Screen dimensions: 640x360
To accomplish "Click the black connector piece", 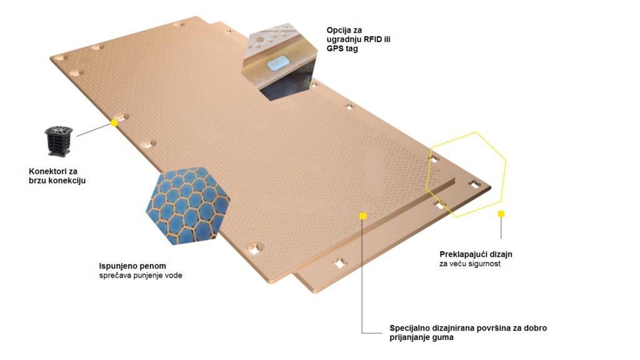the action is pyautogui.click(x=58, y=141).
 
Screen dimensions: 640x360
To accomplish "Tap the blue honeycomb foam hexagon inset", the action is pyautogui.click(x=188, y=206).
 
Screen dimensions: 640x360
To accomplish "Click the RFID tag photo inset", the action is pyautogui.click(x=279, y=62).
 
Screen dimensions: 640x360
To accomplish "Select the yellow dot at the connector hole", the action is pyautogui.click(x=114, y=122).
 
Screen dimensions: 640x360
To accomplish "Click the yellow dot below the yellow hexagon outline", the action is pyautogui.click(x=501, y=214).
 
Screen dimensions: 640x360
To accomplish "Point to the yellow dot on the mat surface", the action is pyautogui.click(x=363, y=216).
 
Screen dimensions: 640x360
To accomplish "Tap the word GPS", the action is pyautogui.click(x=335, y=49).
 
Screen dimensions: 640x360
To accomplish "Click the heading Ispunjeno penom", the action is pyautogui.click(x=132, y=266).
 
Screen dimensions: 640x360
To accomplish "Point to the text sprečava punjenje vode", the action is pyautogui.click(x=141, y=276).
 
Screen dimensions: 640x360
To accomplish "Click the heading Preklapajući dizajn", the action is pyautogui.click(x=476, y=254).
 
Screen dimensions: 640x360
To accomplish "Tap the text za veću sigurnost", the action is pyautogui.click(x=470, y=264).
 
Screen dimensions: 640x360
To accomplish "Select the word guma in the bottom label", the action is pyautogui.click(x=444, y=337).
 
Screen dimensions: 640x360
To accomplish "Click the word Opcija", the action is pyautogui.click(x=338, y=30).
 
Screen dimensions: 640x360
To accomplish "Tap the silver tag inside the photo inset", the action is pyautogui.click(x=278, y=63).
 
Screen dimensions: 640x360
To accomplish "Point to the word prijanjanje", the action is pyautogui.click(x=411, y=337).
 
